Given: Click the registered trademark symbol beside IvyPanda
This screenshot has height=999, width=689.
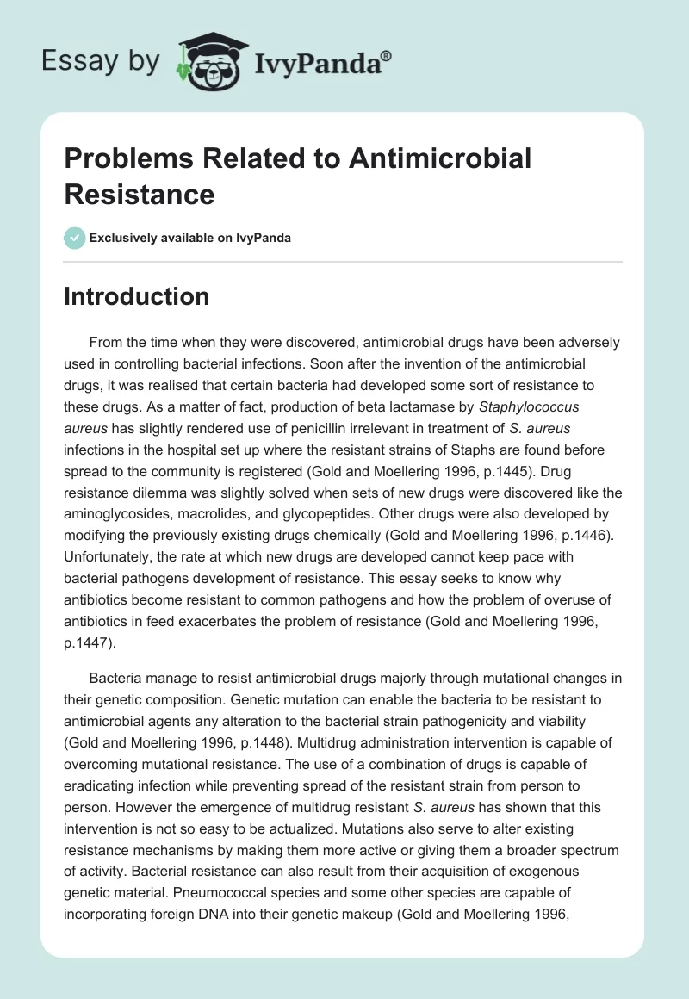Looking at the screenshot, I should (x=387, y=56).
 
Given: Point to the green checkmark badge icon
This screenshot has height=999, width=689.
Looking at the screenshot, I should (x=75, y=238).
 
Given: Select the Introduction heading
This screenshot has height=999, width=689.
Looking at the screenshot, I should (x=137, y=296).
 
